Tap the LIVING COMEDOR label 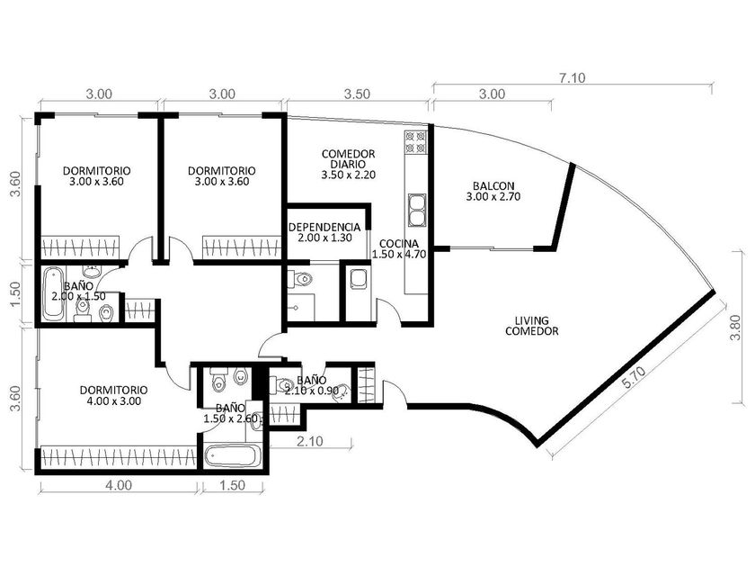(x=532, y=326)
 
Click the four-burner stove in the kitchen (x=416, y=142)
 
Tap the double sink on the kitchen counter (x=417, y=210)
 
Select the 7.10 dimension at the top (x=572, y=77)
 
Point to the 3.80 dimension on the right (x=735, y=328)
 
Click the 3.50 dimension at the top (x=358, y=94)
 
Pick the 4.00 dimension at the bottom (x=119, y=484)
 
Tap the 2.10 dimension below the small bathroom (x=310, y=441)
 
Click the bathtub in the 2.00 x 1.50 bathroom (x=52, y=294)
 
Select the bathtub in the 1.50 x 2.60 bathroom (x=233, y=455)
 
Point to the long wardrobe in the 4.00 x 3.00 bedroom (x=119, y=456)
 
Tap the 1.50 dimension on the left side (x=16, y=294)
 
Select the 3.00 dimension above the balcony (x=493, y=94)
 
